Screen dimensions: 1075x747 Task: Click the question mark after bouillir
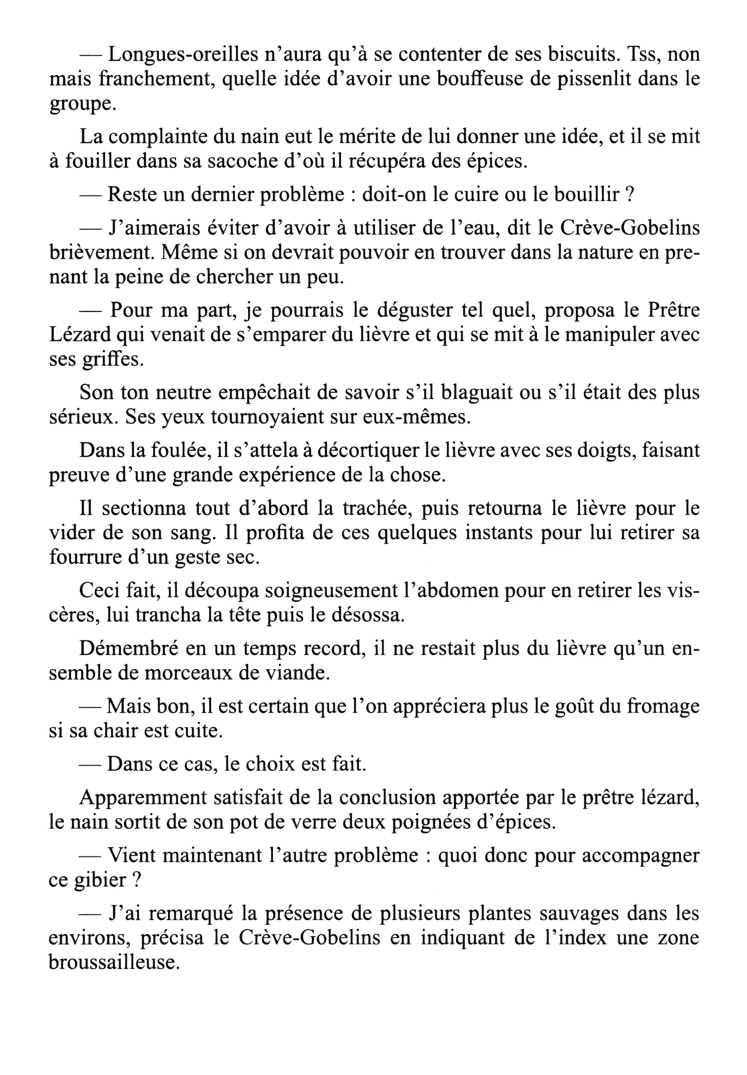[630, 195]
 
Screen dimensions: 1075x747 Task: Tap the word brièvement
[102, 253]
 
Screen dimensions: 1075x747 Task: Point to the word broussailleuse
[114, 962]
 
